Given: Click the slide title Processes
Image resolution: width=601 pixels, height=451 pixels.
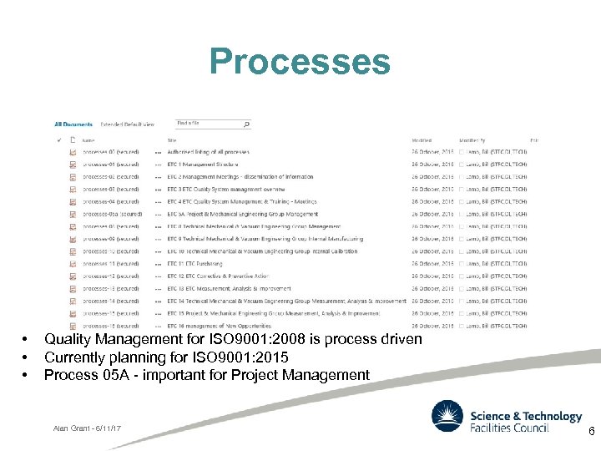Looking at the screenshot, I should (x=300, y=62).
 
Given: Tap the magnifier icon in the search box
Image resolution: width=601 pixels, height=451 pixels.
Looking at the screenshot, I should (x=246, y=124).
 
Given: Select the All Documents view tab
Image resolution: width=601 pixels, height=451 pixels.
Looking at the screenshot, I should (x=73, y=124).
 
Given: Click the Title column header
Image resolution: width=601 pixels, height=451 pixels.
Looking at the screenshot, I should (x=172, y=140).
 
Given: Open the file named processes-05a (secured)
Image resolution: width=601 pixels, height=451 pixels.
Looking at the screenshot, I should (x=112, y=214).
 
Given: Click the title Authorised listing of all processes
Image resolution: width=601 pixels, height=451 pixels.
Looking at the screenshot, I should (x=208, y=152).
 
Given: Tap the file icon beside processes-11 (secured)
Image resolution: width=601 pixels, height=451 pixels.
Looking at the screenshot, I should (x=73, y=264).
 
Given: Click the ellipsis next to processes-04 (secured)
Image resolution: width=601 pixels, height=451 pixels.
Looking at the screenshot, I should (x=158, y=201).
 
